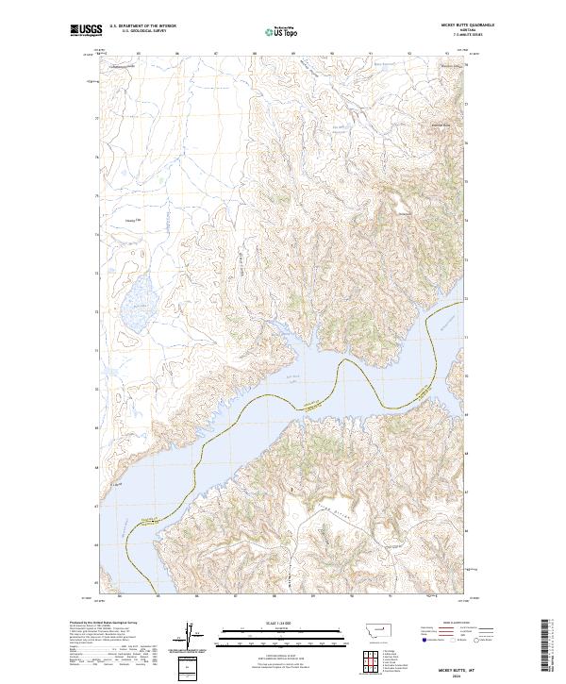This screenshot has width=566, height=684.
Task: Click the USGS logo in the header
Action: pos(86,31)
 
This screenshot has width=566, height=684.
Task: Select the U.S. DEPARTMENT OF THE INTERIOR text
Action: pos(142,26)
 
